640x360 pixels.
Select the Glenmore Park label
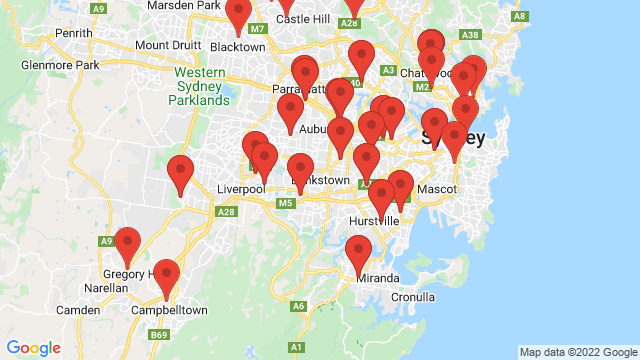60,65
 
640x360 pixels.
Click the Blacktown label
237,46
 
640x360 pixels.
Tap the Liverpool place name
240,188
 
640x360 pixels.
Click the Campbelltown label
170,311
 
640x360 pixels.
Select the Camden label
78,311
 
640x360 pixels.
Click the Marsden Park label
183,5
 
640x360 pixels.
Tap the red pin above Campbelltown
166,277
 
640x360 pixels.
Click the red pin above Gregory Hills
127,245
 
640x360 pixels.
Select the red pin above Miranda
358,253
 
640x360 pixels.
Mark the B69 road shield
159,335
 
